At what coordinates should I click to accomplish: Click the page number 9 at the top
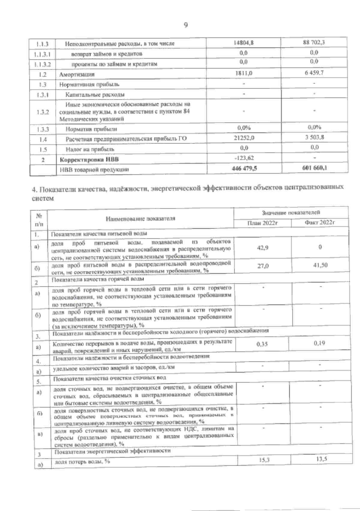pyautogui.click(x=185, y=25)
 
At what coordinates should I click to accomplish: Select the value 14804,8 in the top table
pyautogui.click(x=244, y=43)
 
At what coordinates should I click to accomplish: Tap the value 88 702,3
pyautogui.click(x=314, y=42)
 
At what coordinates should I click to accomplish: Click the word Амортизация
pyautogui.click(x=77, y=74)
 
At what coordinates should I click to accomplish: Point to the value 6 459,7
pyautogui.click(x=314, y=73)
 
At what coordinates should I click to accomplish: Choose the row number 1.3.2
pyautogui.click(x=43, y=112)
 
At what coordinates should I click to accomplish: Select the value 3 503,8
pyautogui.click(x=314, y=137)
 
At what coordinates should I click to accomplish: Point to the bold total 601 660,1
pyautogui.click(x=314, y=168)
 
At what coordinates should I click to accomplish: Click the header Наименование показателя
pyautogui.click(x=140, y=219)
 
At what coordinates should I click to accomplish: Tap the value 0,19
pyautogui.click(x=319, y=343)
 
